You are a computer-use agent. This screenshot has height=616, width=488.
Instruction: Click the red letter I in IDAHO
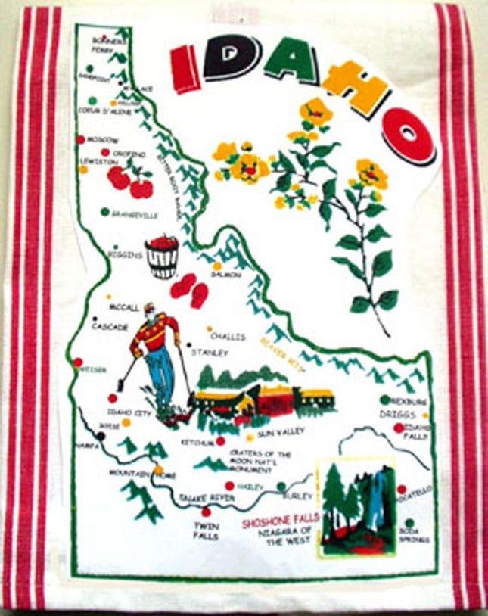[184, 68]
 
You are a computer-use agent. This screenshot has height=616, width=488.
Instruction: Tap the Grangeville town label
[135, 215]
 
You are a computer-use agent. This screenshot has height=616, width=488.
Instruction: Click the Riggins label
[125, 255]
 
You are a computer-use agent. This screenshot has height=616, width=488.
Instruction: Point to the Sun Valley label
[280, 434]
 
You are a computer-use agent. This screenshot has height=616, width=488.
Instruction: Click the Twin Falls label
[205, 530]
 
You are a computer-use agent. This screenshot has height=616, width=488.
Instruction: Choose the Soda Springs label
[414, 536]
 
